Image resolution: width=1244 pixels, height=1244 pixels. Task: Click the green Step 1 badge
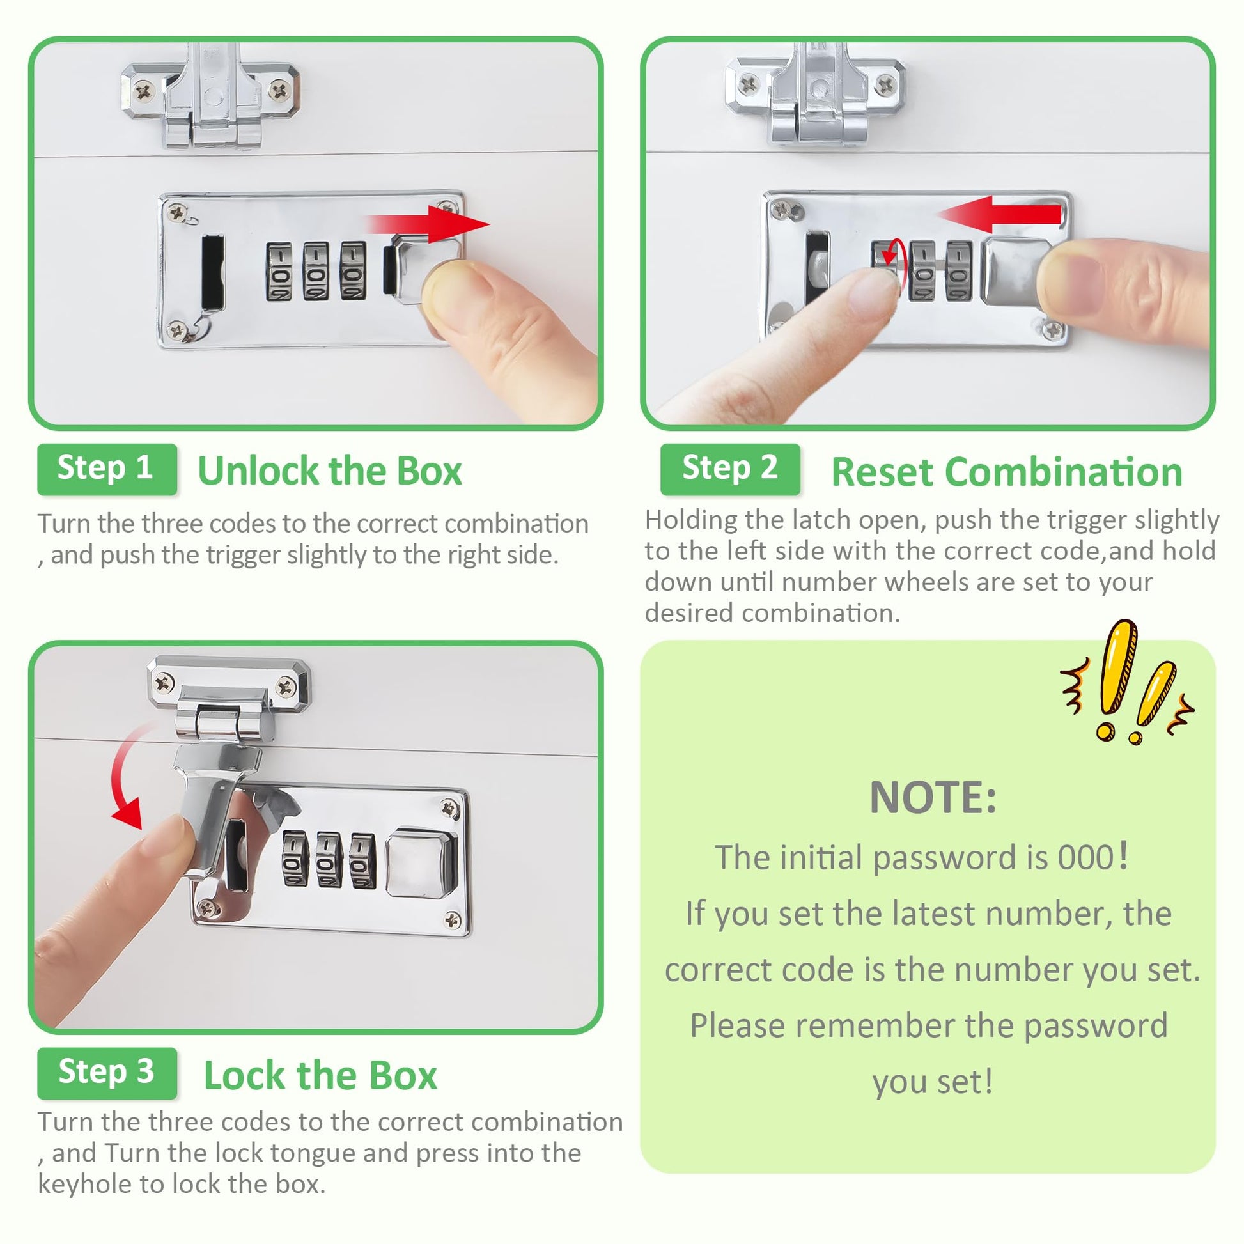point(107,469)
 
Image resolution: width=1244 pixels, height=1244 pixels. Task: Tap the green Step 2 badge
point(730,469)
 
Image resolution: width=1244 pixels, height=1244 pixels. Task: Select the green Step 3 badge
point(107,1073)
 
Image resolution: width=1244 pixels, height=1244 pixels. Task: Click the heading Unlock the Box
point(330,470)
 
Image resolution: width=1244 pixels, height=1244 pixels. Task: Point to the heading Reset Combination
point(1007,472)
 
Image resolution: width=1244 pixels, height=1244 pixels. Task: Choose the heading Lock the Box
point(320,1075)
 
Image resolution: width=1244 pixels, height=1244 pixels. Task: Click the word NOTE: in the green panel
point(933,798)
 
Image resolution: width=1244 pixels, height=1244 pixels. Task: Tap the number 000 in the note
point(1085,857)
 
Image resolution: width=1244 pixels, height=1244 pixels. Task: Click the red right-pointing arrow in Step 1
point(429,224)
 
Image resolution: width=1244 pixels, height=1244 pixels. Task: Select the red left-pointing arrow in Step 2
point(999,214)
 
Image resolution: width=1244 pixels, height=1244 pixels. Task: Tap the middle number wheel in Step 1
point(316,272)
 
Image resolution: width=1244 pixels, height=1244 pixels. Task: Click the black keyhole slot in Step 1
point(212,272)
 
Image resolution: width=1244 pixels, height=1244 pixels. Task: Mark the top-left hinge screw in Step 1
point(144,91)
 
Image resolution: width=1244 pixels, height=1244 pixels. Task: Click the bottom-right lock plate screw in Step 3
point(453,920)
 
